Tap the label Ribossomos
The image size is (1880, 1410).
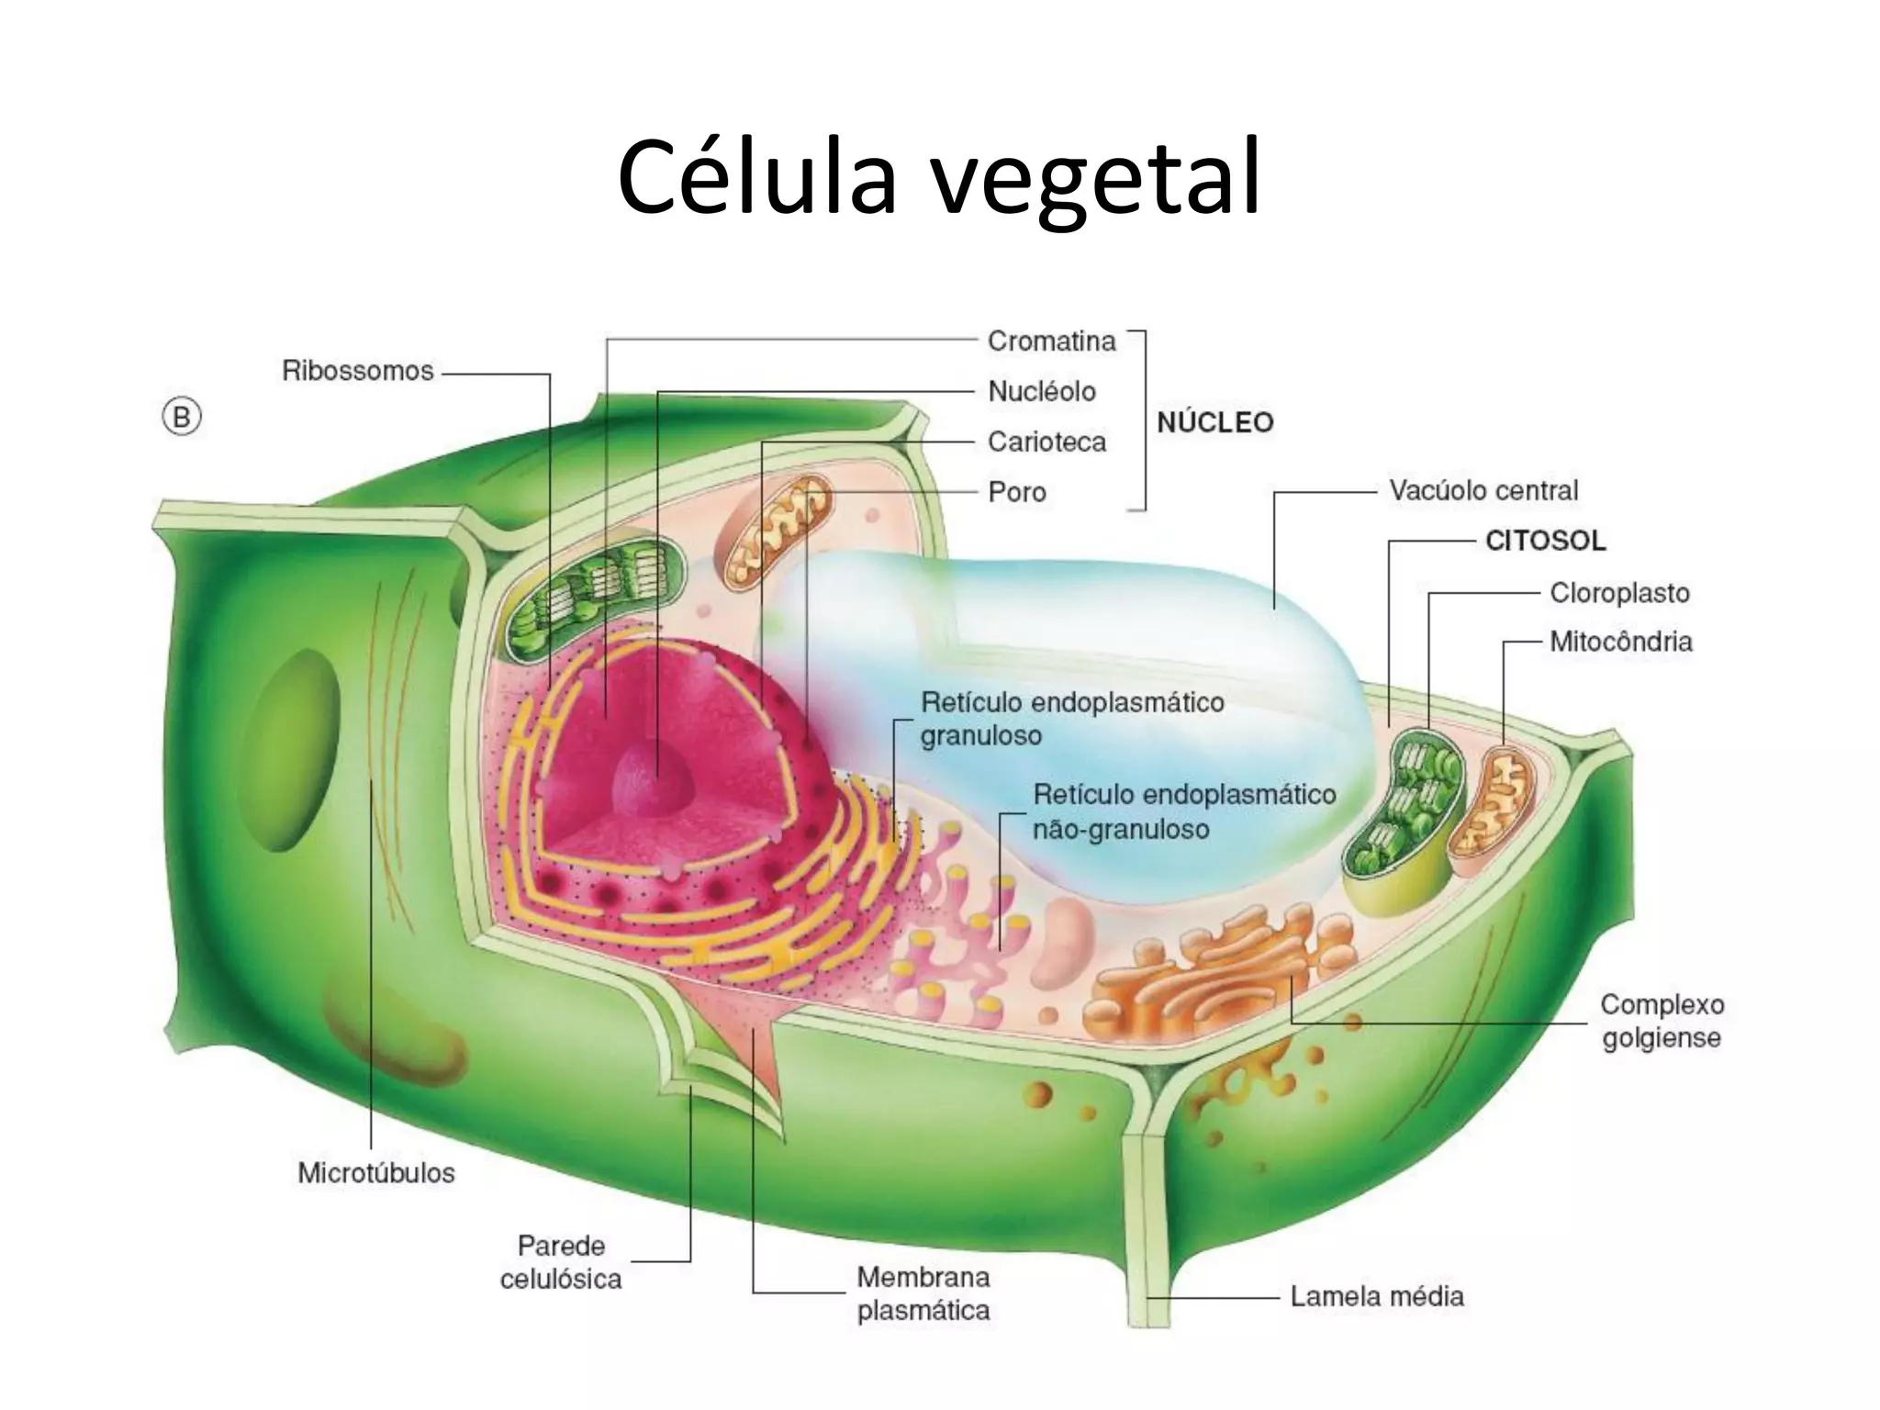click(357, 371)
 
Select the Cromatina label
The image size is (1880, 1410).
click(1051, 341)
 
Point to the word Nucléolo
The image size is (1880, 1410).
click(1041, 392)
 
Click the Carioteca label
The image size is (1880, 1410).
click(1046, 442)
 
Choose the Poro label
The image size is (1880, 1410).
click(1016, 492)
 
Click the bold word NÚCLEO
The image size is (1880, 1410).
click(1214, 423)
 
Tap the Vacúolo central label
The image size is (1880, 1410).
click(1483, 490)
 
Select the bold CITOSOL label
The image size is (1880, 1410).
click(1545, 541)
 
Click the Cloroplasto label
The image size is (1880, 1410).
click(1619, 593)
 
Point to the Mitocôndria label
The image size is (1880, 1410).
click(1620, 641)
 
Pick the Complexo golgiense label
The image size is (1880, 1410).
click(1662, 1021)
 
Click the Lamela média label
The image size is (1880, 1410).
click(1376, 1296)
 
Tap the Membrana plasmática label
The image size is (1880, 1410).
click(923, 1293)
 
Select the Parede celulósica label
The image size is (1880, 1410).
click(561, 1262)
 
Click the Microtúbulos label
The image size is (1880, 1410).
click(375, 1173)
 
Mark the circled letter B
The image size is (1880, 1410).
click(182, 419)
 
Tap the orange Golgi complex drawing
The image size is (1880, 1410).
click(1212, 973)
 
